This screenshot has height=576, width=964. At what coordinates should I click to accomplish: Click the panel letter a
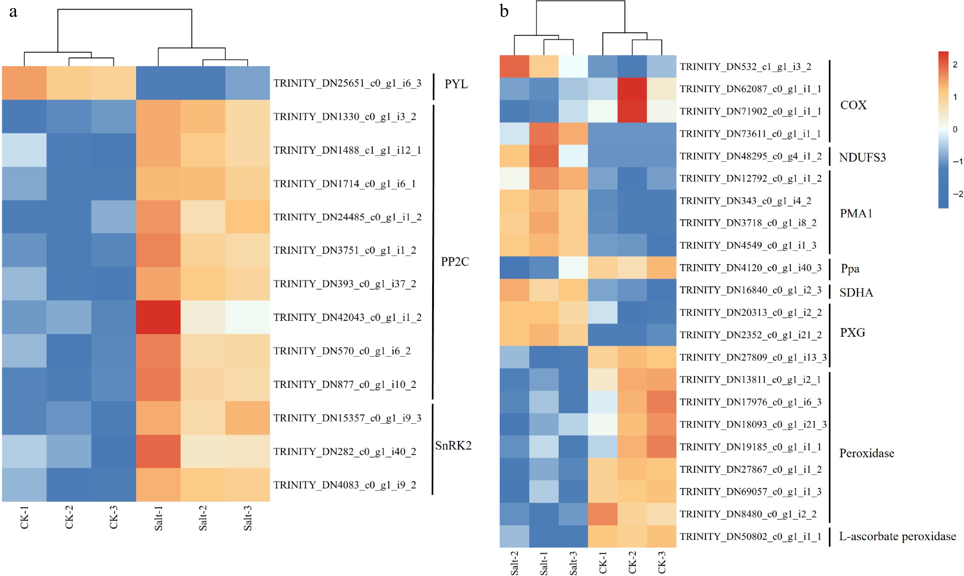[x=13, y=12]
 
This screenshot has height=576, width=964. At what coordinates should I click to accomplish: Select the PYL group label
[x=456, y=84]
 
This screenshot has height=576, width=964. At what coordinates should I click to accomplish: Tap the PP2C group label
[x=455, y=262]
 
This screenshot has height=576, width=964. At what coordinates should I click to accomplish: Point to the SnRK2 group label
[x=453, y=445]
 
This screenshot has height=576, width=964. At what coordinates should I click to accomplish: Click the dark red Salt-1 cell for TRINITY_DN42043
[x=158, y=317]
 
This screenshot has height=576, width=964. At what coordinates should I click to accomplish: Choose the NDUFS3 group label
[x=862, y=157]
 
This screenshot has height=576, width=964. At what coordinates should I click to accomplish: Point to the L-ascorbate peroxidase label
[x=897, y=536]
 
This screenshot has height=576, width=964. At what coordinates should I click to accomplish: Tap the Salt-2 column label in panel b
[x=514, y=563]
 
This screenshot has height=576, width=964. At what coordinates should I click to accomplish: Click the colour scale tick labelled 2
[x=955, y=64]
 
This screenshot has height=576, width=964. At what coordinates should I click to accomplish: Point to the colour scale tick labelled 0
[x=955, y=129]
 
